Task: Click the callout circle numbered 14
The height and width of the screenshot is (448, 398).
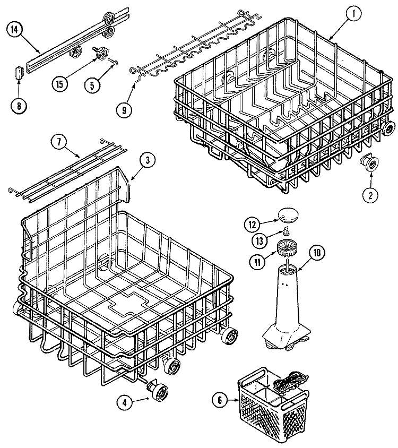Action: click(x=15, y=30)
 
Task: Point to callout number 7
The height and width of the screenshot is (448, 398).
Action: click(x=58, y=142)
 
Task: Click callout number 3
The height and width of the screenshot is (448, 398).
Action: click(x=148, y=161)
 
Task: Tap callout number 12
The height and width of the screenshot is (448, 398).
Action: click(x=253, y=225)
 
